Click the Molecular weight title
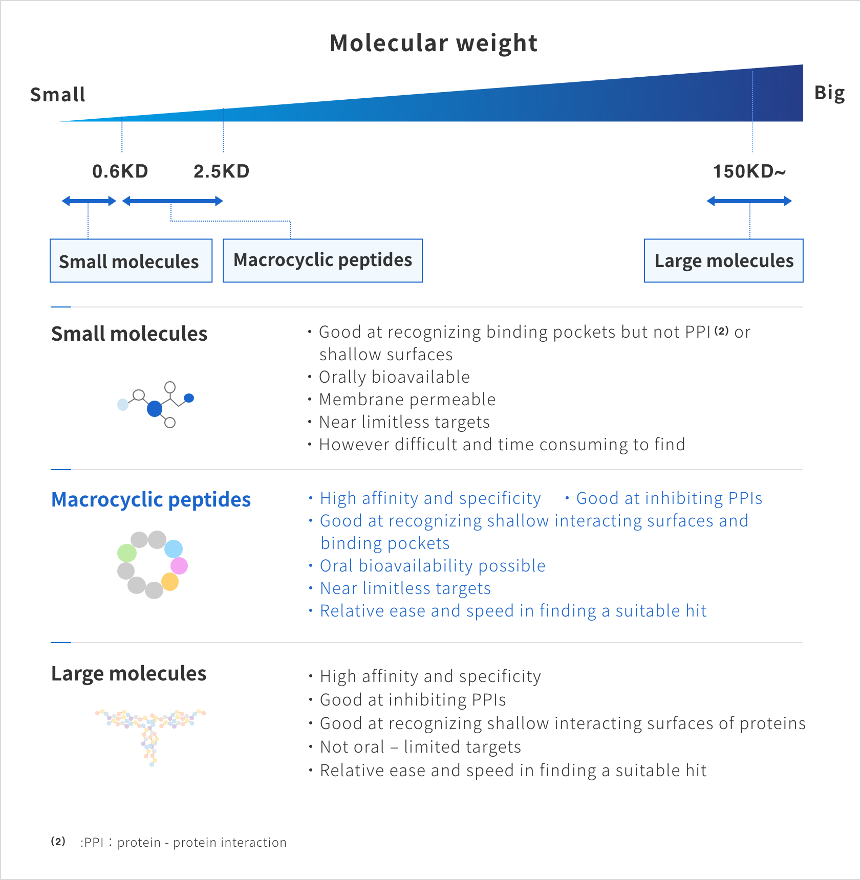(x=434, y=43)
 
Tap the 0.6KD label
(x=120, y=171)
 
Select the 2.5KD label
(x=221, y=171)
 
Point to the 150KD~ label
(x=748, y=171)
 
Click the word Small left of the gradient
(x=57, y=95)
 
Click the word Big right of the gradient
(x=829, y=93)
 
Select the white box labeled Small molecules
(x=131, y=261)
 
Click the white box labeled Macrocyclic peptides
(x=322, y=260)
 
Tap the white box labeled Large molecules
(x=723, y=261)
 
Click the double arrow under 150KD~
(x=749, y=201)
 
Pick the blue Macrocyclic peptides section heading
(x=151, y=499)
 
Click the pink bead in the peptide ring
(x=179, y=565)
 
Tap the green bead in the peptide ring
(x=127, y=553)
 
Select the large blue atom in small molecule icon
(x=155, y=409)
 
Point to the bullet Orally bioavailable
(x=394, y=377)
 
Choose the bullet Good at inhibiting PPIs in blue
(x=669, y=498)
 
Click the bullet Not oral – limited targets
(x=420, y=747)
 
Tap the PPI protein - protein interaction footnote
(x=183, y=842)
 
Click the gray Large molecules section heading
(x=128, y=674)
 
